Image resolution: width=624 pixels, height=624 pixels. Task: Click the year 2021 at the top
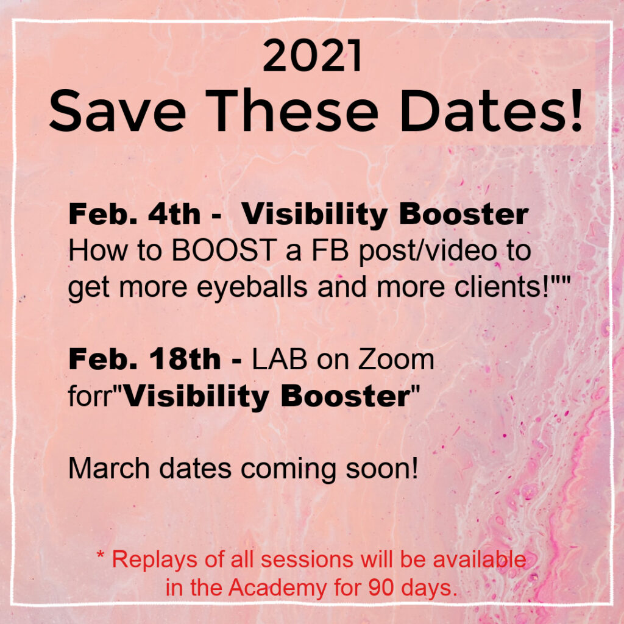point(313,55)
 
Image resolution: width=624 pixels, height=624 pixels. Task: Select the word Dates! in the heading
point(491,110)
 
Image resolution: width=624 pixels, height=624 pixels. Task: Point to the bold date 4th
point(174,214)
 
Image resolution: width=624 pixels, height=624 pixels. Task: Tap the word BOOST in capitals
point(224,250)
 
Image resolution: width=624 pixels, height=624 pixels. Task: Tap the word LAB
point(280,360)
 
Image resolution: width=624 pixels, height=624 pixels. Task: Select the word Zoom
point(395,360)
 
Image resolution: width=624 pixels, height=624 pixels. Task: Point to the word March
point(109,468)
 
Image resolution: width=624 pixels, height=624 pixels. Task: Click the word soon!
point(381,469)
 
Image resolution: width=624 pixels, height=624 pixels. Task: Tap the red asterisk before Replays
point(101,555)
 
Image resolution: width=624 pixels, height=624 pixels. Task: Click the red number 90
point(381,588)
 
